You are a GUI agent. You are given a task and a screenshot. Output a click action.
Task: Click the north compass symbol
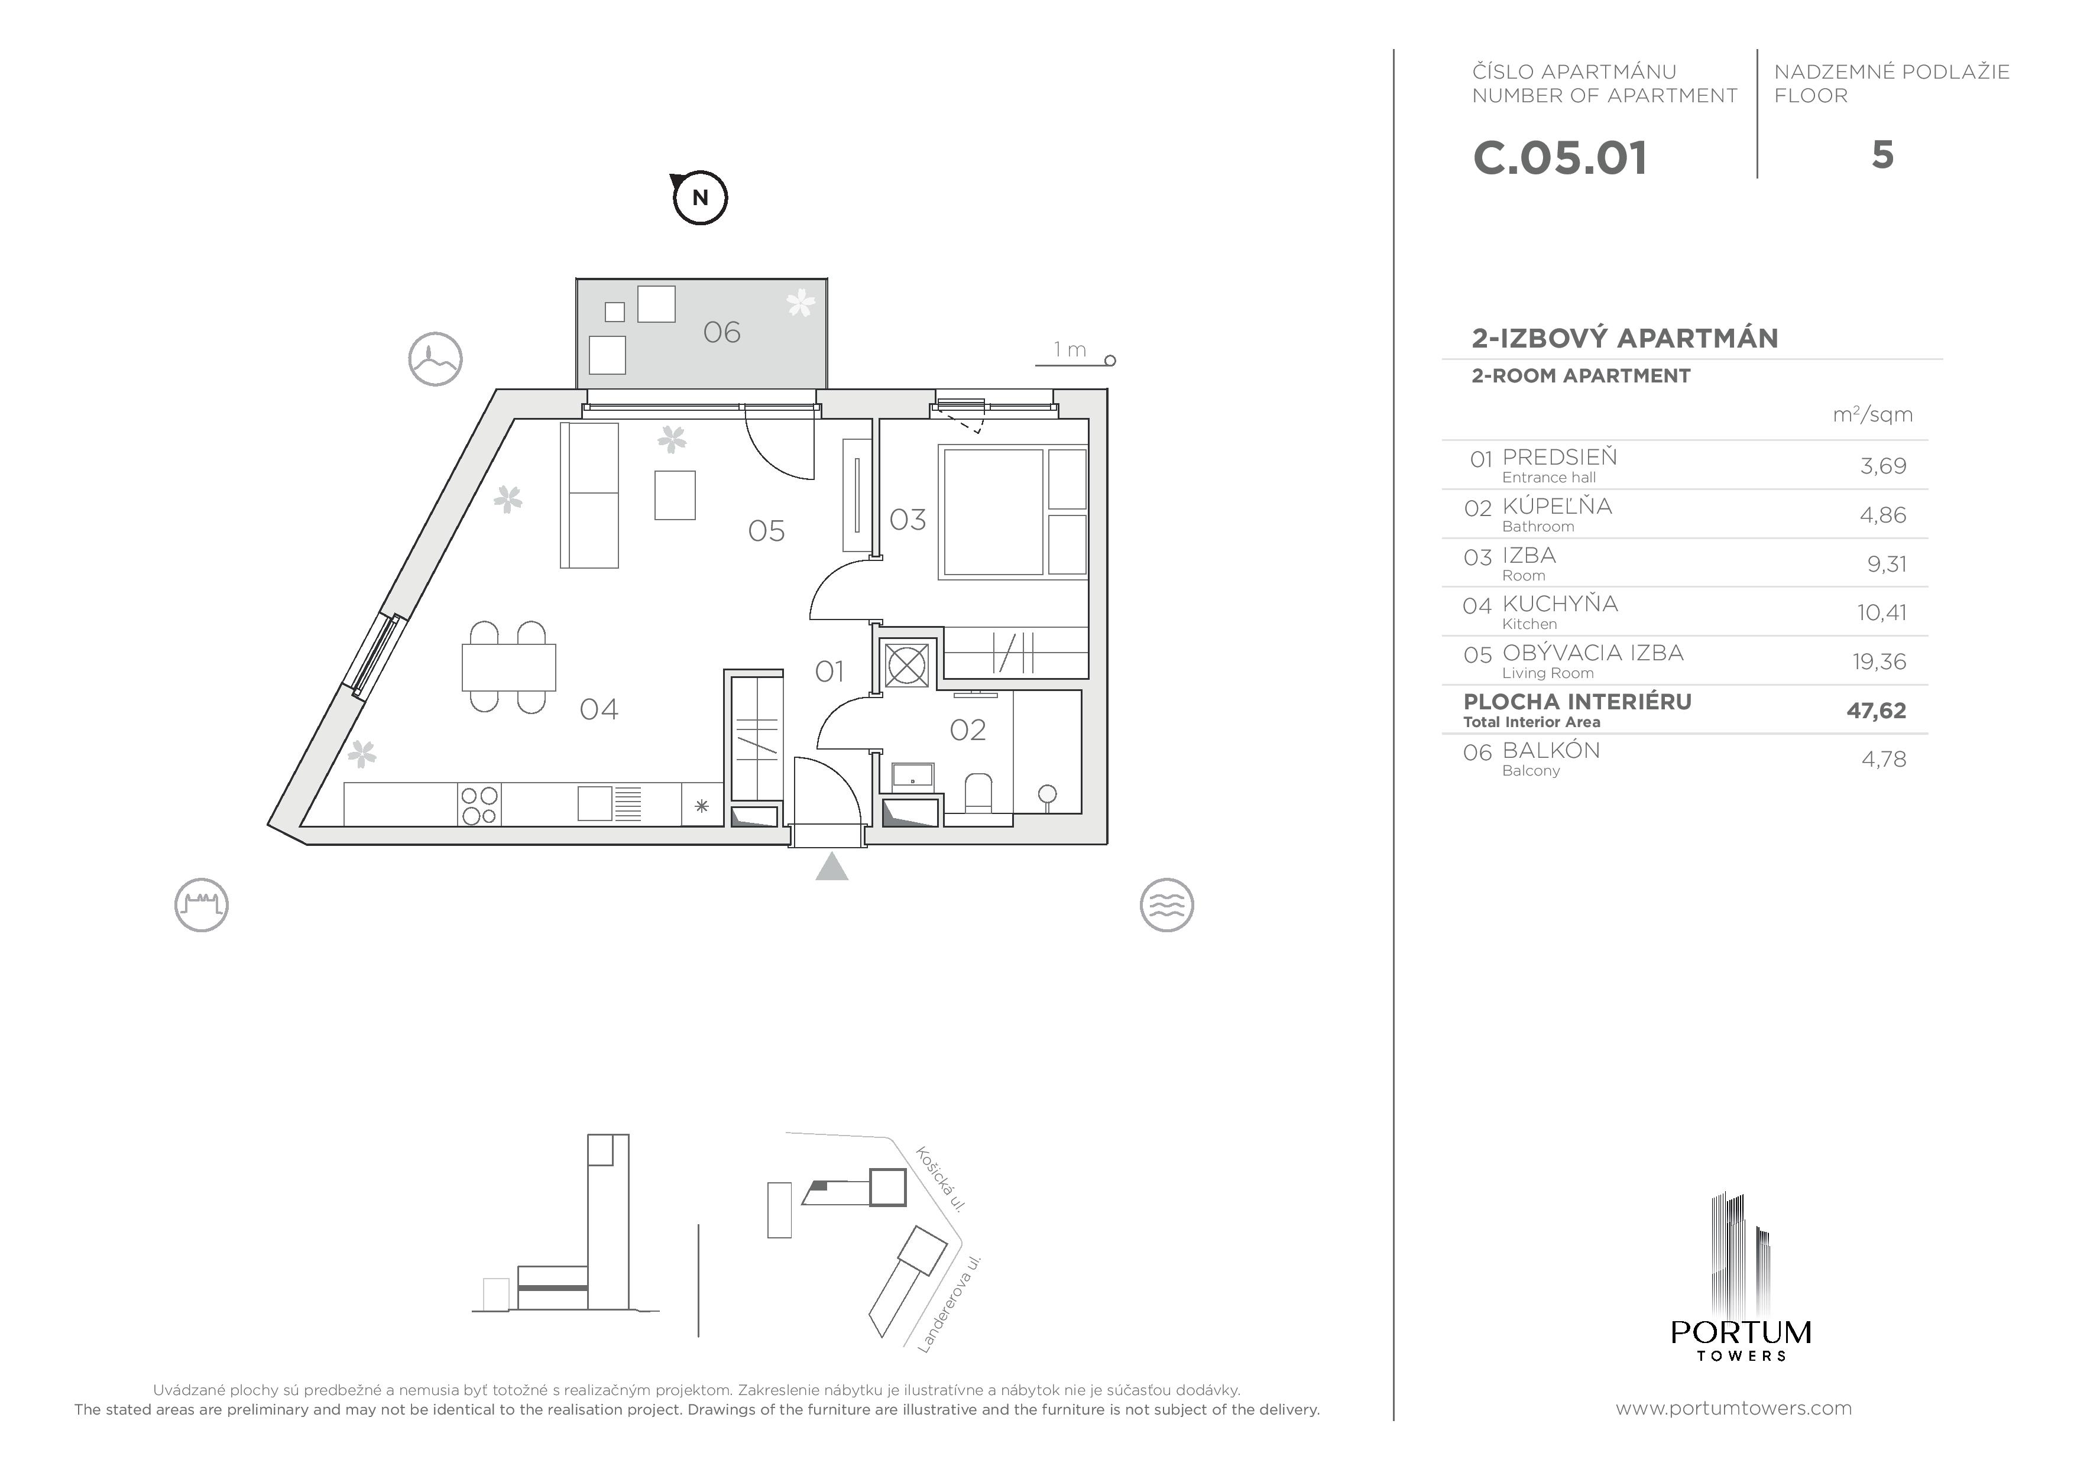pyautogui.click(x=700, y=197)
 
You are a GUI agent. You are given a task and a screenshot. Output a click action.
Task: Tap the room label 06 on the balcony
pyautogui.click(x=722, y=332)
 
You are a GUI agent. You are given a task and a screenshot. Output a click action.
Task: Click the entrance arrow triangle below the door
pyautogui.click(x=832, y=867)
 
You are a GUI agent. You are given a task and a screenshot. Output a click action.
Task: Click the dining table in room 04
pyautogui.click(x=508, y=667)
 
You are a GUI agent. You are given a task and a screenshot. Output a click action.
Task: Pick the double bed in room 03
pyautogui.click(x=994, y=512)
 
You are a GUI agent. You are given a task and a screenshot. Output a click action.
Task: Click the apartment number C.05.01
pyautogui.click(x=1560, y=158)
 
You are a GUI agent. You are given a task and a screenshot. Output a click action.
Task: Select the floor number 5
pyautogui.click(x=1882, y=155)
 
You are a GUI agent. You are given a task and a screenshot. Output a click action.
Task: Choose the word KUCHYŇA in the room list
pyautogui.click(x=1560, y=604)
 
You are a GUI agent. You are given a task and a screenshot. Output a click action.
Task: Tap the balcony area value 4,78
pyautogui.click(x=1884, y=760)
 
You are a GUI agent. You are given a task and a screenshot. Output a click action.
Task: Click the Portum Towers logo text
pyautogui.click(x=1741, y=1333)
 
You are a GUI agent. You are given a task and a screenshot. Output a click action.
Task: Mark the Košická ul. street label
pyautogui.click(x=941, y=1179)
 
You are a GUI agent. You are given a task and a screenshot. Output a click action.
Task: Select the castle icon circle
pyautogui.click(x=202, y=905)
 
